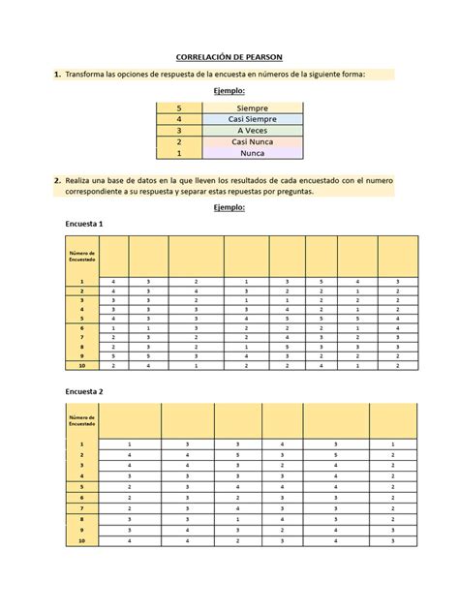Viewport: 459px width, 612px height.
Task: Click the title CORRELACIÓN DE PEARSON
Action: tap(229, 57)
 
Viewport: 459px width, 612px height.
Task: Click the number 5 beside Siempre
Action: tap(179, 107)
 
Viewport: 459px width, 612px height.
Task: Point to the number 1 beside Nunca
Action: tap(179, 153)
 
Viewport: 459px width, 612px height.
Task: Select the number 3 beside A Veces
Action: tap(179, 131)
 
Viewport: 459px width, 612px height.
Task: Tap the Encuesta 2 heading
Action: tap(84, 392)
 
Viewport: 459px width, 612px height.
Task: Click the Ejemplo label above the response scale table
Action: tap(229, 90)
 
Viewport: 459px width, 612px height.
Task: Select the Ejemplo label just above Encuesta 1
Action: tap(229, 207)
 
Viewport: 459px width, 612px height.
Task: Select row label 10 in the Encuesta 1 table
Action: tap(82, 366)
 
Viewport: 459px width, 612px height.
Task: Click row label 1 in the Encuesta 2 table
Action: tap(82, 444)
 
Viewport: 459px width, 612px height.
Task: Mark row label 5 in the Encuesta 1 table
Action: tap(82, 319)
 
